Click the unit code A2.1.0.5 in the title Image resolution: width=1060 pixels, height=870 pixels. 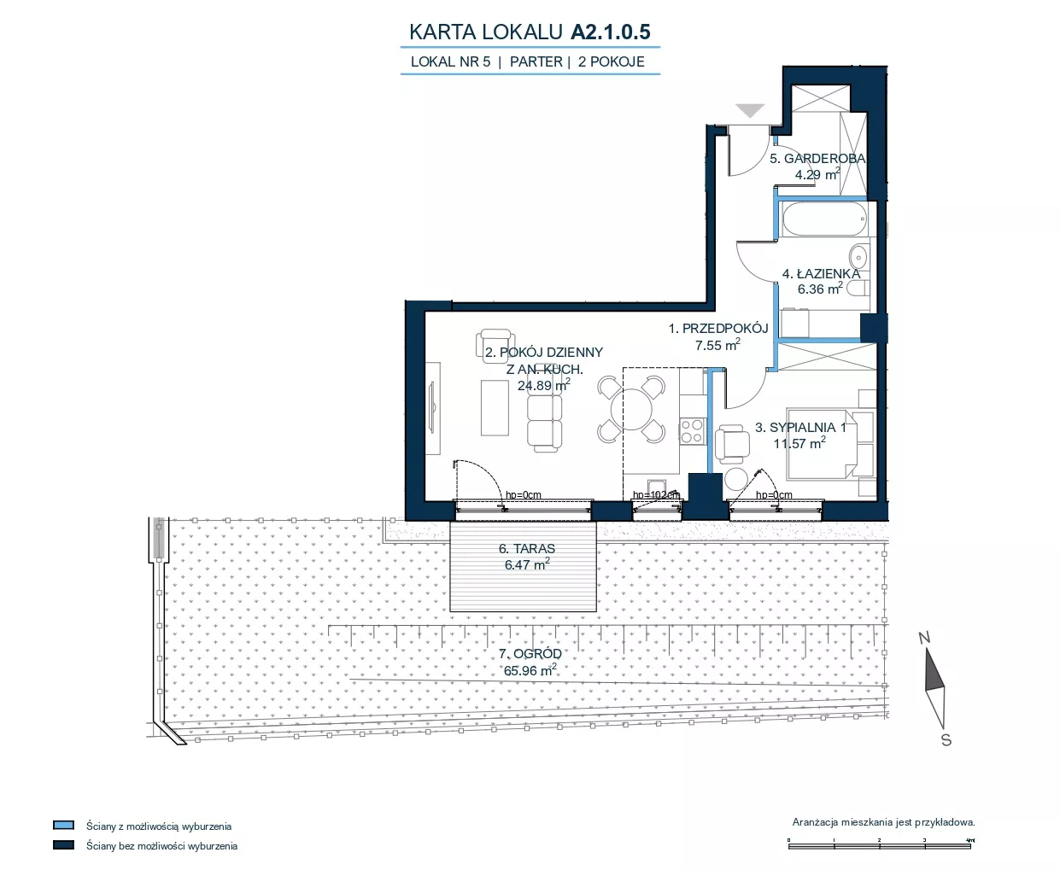(610, 32)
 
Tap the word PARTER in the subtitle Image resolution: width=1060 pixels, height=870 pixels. (536, 61)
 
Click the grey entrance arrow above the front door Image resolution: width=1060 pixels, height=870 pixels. (750, 110)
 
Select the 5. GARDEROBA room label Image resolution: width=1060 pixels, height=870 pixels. (817, 158)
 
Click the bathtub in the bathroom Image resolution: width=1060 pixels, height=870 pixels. (824, 219)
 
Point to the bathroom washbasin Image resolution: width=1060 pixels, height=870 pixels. (858, 258)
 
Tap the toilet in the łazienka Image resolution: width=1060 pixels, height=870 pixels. (858, 289)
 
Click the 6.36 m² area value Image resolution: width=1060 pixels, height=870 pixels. (820, 289)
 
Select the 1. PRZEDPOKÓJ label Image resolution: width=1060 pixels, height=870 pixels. (718, 329)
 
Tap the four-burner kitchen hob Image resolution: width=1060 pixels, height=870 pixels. (692, 431)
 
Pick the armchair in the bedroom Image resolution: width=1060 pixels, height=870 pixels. (732, 444)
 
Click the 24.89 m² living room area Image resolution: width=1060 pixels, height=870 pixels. (544, 385)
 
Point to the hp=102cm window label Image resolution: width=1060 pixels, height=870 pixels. (656, 495)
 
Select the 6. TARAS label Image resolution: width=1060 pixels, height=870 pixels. (527, 548)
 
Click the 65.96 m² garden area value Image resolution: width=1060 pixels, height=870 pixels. (530, 670)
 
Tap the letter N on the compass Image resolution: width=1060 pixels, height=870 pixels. (924, 638)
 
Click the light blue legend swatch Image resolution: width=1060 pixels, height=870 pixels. (64, 826)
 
